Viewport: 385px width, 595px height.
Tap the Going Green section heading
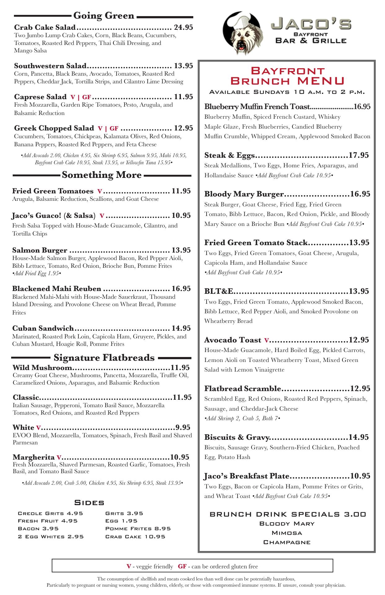104,15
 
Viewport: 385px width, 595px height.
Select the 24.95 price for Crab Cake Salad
184,27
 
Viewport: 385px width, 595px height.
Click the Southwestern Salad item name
50,66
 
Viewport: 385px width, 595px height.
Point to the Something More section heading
102,175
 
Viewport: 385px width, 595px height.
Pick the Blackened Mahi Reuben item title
57,289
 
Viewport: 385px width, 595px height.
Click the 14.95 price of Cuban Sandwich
181,328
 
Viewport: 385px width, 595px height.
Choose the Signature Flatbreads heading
104,358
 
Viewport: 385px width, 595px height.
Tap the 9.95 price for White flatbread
183,427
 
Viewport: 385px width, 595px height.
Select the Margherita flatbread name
33,457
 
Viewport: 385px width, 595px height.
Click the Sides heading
89,502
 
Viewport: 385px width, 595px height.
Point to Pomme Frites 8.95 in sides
138,529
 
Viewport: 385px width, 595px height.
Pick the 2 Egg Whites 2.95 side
51,536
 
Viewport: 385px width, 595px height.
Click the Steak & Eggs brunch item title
229,155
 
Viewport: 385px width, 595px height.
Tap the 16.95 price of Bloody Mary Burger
360,194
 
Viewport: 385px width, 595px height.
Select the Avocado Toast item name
233,340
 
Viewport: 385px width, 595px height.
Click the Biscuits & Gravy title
236,437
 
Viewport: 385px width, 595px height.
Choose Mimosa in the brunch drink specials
287,533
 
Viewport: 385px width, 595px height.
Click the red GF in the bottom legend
182,566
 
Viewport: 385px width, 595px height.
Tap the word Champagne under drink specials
287,542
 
